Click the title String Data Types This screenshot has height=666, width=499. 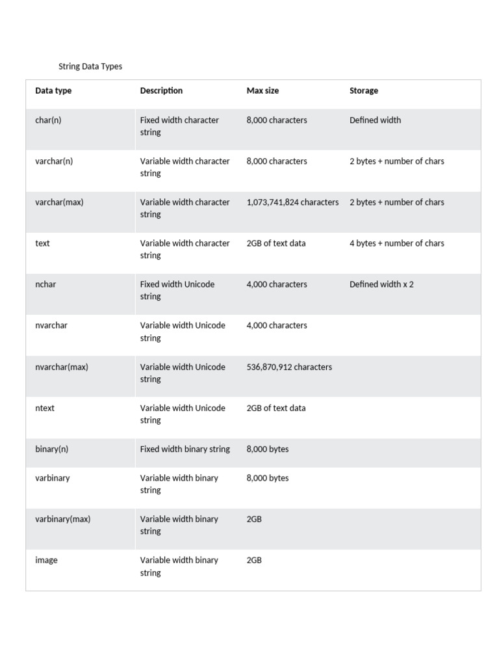[90, 66]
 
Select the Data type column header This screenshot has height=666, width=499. [53, 91]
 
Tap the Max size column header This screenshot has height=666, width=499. [262, 91]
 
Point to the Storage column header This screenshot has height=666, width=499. [364, 91]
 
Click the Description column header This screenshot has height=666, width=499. [161, 91]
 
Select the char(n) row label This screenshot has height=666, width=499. [48, 120]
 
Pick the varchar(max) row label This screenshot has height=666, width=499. [59, 202]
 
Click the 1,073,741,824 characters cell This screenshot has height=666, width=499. [292, 202]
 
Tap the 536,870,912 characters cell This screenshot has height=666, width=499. [289, 367]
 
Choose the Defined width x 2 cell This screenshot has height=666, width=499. [381, 284]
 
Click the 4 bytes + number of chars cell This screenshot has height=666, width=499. [397, 243]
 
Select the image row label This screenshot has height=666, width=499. [46, 560]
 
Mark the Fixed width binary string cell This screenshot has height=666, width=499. [185, 449]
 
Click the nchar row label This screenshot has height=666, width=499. [45, 284]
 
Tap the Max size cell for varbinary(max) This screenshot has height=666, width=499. [254, 519]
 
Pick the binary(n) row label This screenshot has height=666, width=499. [51, 449]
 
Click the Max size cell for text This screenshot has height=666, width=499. [276, 243]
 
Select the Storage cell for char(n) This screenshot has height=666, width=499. [375, 120]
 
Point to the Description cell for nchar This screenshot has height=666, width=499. [177, 290]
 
